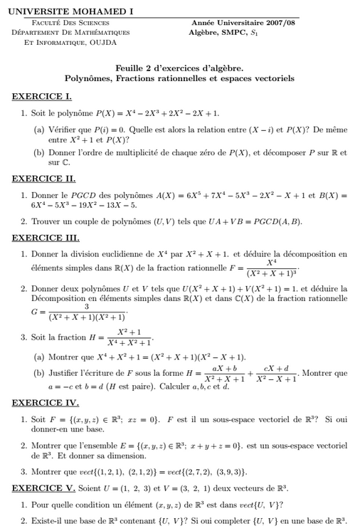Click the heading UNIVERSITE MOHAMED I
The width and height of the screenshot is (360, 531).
click(73, 12)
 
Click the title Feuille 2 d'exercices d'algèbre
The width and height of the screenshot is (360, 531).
click(179, 68)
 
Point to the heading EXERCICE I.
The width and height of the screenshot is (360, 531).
click(42, 96)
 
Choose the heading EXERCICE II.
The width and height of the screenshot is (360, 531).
click(43, 179)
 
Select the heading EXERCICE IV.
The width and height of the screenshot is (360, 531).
click(46, 402)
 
